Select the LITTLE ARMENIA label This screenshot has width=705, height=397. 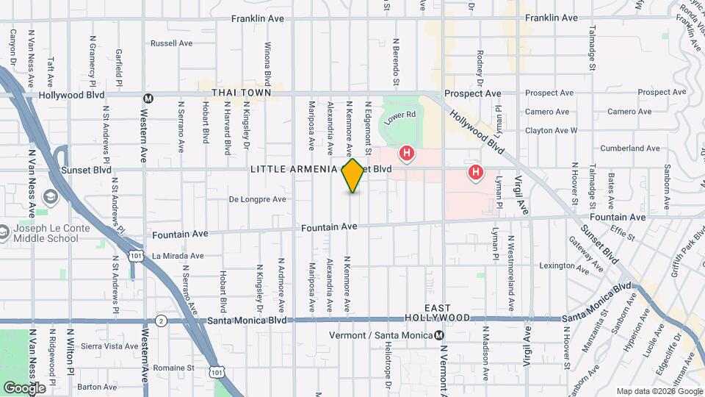(294, 169)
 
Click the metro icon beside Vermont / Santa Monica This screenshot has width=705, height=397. (439, 335)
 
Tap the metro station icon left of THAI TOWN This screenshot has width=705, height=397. (148, 98)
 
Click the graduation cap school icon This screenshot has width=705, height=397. (51, 197)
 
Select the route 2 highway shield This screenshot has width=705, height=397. (161, 321)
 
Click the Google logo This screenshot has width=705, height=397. (24, 387)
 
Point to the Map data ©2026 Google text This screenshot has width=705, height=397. (659, 391)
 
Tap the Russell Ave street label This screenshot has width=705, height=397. (171, 43)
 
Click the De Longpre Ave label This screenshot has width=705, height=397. (257, 198)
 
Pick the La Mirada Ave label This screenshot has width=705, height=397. (178, 256)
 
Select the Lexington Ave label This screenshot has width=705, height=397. (564, 265)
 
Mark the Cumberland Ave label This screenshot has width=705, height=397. (629, 148)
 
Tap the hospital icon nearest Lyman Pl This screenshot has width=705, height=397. (476, 173)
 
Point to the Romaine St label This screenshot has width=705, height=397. (173, 368)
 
